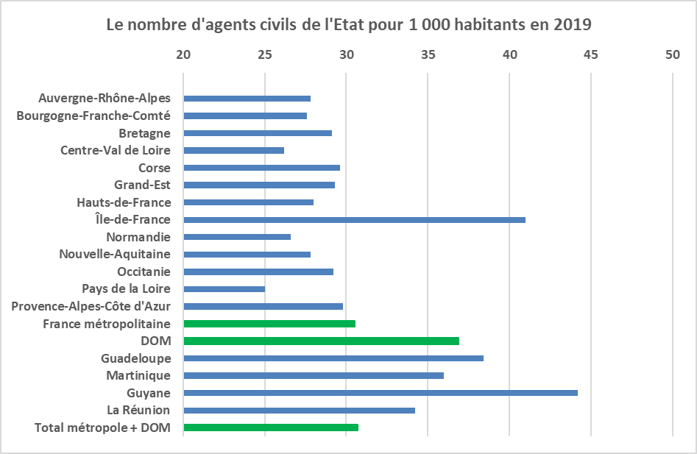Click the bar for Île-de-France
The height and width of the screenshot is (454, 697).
click(354, 219)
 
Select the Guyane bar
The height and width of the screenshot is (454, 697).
click(381, 393)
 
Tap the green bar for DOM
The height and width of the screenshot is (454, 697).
click(321, 341)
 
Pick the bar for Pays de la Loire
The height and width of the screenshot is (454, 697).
click(224, 289)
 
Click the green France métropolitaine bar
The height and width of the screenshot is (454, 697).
click(269, 324)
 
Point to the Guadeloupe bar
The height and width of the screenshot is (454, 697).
click(333, 358)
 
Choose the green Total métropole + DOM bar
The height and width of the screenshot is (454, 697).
click(271, 427)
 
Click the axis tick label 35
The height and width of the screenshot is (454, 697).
click(428, 54)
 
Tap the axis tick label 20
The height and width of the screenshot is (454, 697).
click(183, 54)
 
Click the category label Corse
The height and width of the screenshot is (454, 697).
click(155, 168)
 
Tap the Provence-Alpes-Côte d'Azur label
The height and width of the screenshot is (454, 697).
click(91, 306)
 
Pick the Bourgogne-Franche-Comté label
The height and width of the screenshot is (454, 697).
click(93, 116)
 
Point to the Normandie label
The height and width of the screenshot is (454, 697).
click(138, 237)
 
